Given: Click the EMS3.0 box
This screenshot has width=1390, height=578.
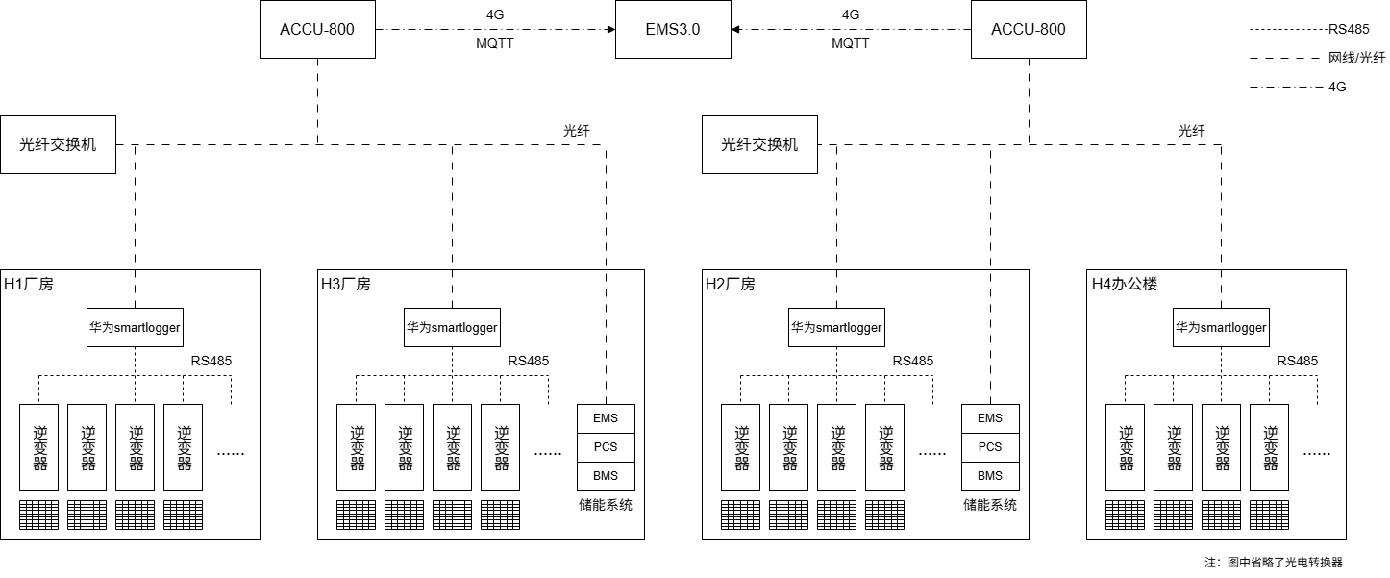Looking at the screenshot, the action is click(x=673, y=29).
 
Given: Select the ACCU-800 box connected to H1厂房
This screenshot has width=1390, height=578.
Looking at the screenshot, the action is click(x=317, y=29).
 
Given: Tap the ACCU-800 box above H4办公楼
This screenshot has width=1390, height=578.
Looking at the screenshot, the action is click(x=1029, y=29).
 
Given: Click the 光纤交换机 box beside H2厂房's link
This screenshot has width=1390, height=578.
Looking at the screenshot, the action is click(x=759, y=144).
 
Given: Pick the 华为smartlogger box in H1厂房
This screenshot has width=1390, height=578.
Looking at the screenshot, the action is click(x=135, y=327).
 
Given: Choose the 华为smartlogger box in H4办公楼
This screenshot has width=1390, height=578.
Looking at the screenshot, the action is click(x=1221, y=327).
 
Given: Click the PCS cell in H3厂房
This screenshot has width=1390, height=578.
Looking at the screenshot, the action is click(x=606, y=447).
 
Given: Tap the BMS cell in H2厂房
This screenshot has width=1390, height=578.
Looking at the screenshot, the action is click(x=990, y=476).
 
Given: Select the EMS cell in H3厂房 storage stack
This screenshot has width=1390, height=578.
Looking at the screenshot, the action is click(x=606, y=418).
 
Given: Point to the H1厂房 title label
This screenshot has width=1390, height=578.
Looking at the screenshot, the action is click(x=29, y=285).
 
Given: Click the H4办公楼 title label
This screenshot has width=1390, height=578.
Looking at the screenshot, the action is click(x=1125, y=285).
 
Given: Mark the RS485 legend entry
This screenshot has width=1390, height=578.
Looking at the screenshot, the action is click(x=1349, y=29).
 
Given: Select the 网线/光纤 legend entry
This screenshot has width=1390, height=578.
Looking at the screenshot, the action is click(x=1356, y=58).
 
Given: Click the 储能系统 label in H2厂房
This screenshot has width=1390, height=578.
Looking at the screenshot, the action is click(x=990, y=505).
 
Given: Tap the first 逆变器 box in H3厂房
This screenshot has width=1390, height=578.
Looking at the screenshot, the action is click(x=357, y=447).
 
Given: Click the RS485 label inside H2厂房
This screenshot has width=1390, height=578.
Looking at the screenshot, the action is click(x=913, y=361).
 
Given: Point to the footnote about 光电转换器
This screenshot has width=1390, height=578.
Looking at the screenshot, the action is click(x=1274, y=562).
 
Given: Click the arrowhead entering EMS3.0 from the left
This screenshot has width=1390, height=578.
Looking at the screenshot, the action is click(x=611, y=29).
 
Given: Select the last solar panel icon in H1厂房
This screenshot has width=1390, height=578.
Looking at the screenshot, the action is click(x=183, y=515).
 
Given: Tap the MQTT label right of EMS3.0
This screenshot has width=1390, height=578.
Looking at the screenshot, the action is click(x=850, y=43).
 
